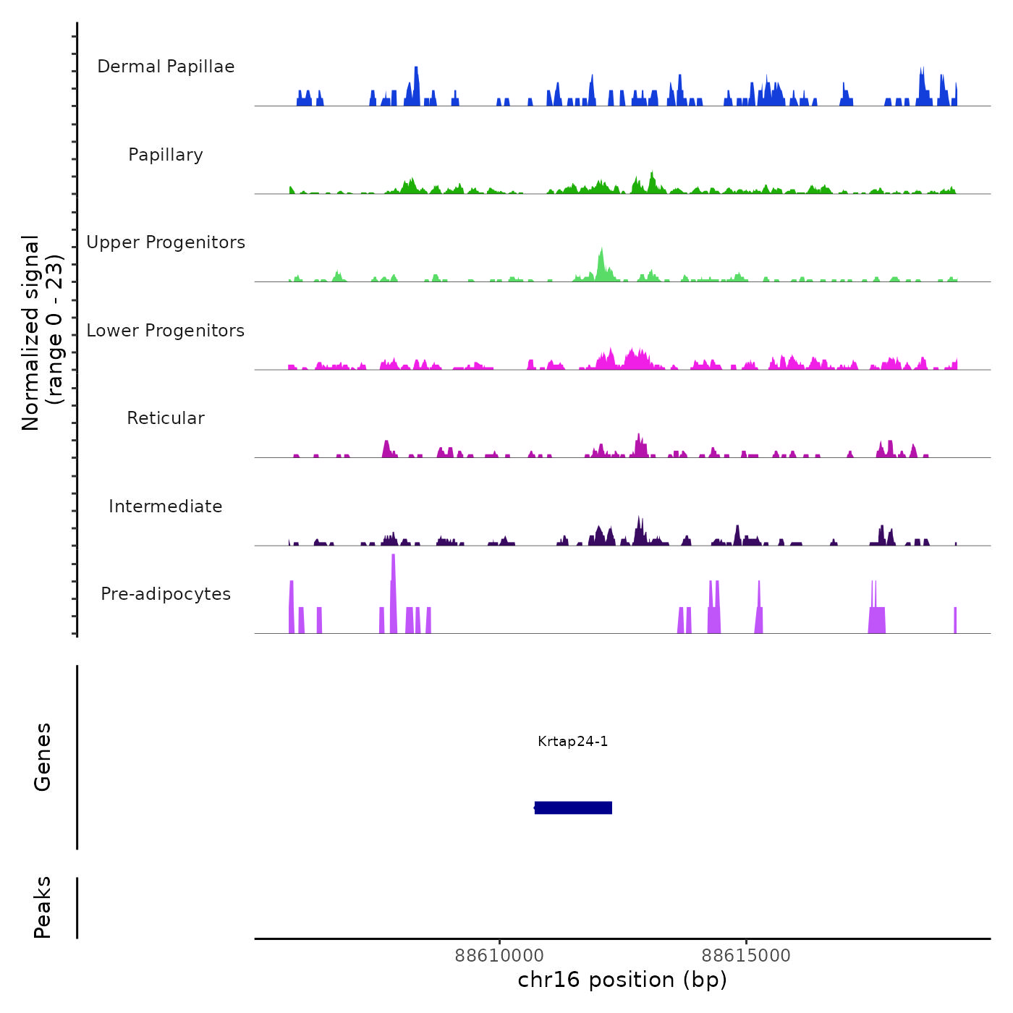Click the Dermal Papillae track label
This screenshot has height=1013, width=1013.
166,67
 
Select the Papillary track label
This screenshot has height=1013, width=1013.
166,155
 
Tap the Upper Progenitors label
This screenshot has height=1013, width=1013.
166,242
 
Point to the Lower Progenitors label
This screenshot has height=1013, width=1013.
166,331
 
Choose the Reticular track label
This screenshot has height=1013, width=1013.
166,418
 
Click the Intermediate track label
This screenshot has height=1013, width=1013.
166,506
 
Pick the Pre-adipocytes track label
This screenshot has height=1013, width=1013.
166,594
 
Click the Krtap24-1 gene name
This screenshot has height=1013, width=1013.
573,741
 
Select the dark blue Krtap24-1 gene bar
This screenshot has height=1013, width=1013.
573,808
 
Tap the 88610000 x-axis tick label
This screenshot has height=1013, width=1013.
499,956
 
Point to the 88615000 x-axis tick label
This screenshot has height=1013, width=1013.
746,956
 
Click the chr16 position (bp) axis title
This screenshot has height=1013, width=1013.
622,980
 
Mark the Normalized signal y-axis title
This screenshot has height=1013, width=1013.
42,333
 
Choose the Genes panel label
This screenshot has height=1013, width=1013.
43,757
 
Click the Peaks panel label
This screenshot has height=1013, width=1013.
43,907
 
